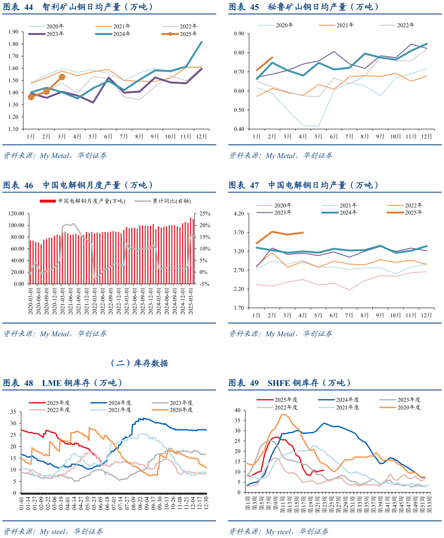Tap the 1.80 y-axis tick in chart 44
(13, 44)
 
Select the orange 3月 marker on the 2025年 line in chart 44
(62, 77)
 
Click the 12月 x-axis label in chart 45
(427, 136)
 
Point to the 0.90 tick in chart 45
(239, 34)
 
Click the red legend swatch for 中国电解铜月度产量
(48, 201)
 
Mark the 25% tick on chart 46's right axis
(205, 213)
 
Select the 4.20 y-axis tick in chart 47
(239, 214)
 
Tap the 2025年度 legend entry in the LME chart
(58, 403)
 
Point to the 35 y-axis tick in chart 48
(13, 412)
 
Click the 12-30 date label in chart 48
(206, 503)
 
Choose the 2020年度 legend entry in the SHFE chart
(409, 407)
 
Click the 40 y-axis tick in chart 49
(237, 410)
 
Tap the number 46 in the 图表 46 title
(29, 185)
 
